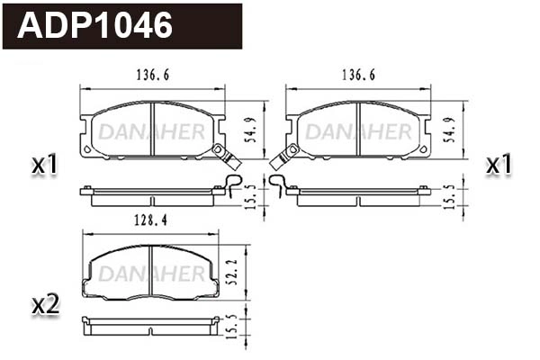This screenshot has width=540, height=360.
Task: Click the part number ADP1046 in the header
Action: (x=95, y=26)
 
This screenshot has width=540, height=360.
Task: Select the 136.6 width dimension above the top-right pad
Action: (x=357, y=76)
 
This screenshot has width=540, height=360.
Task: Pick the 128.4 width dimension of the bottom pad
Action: (x=129, y=219)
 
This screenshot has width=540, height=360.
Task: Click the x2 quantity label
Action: (x=44, y=305)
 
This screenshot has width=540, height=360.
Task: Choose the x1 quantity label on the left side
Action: (x=44, y=165)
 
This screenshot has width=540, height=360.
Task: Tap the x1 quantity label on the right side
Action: (x=498, y=165)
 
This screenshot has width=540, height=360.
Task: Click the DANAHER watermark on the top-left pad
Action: (x=151, y=131)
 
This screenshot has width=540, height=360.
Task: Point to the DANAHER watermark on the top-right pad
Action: (x=357, y=131)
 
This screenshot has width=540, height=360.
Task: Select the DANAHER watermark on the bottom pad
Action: (x=150, y=273)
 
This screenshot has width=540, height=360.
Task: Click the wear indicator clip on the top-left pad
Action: (x=225, y=158)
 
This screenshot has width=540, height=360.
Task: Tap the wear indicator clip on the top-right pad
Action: (x=283, y=158)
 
